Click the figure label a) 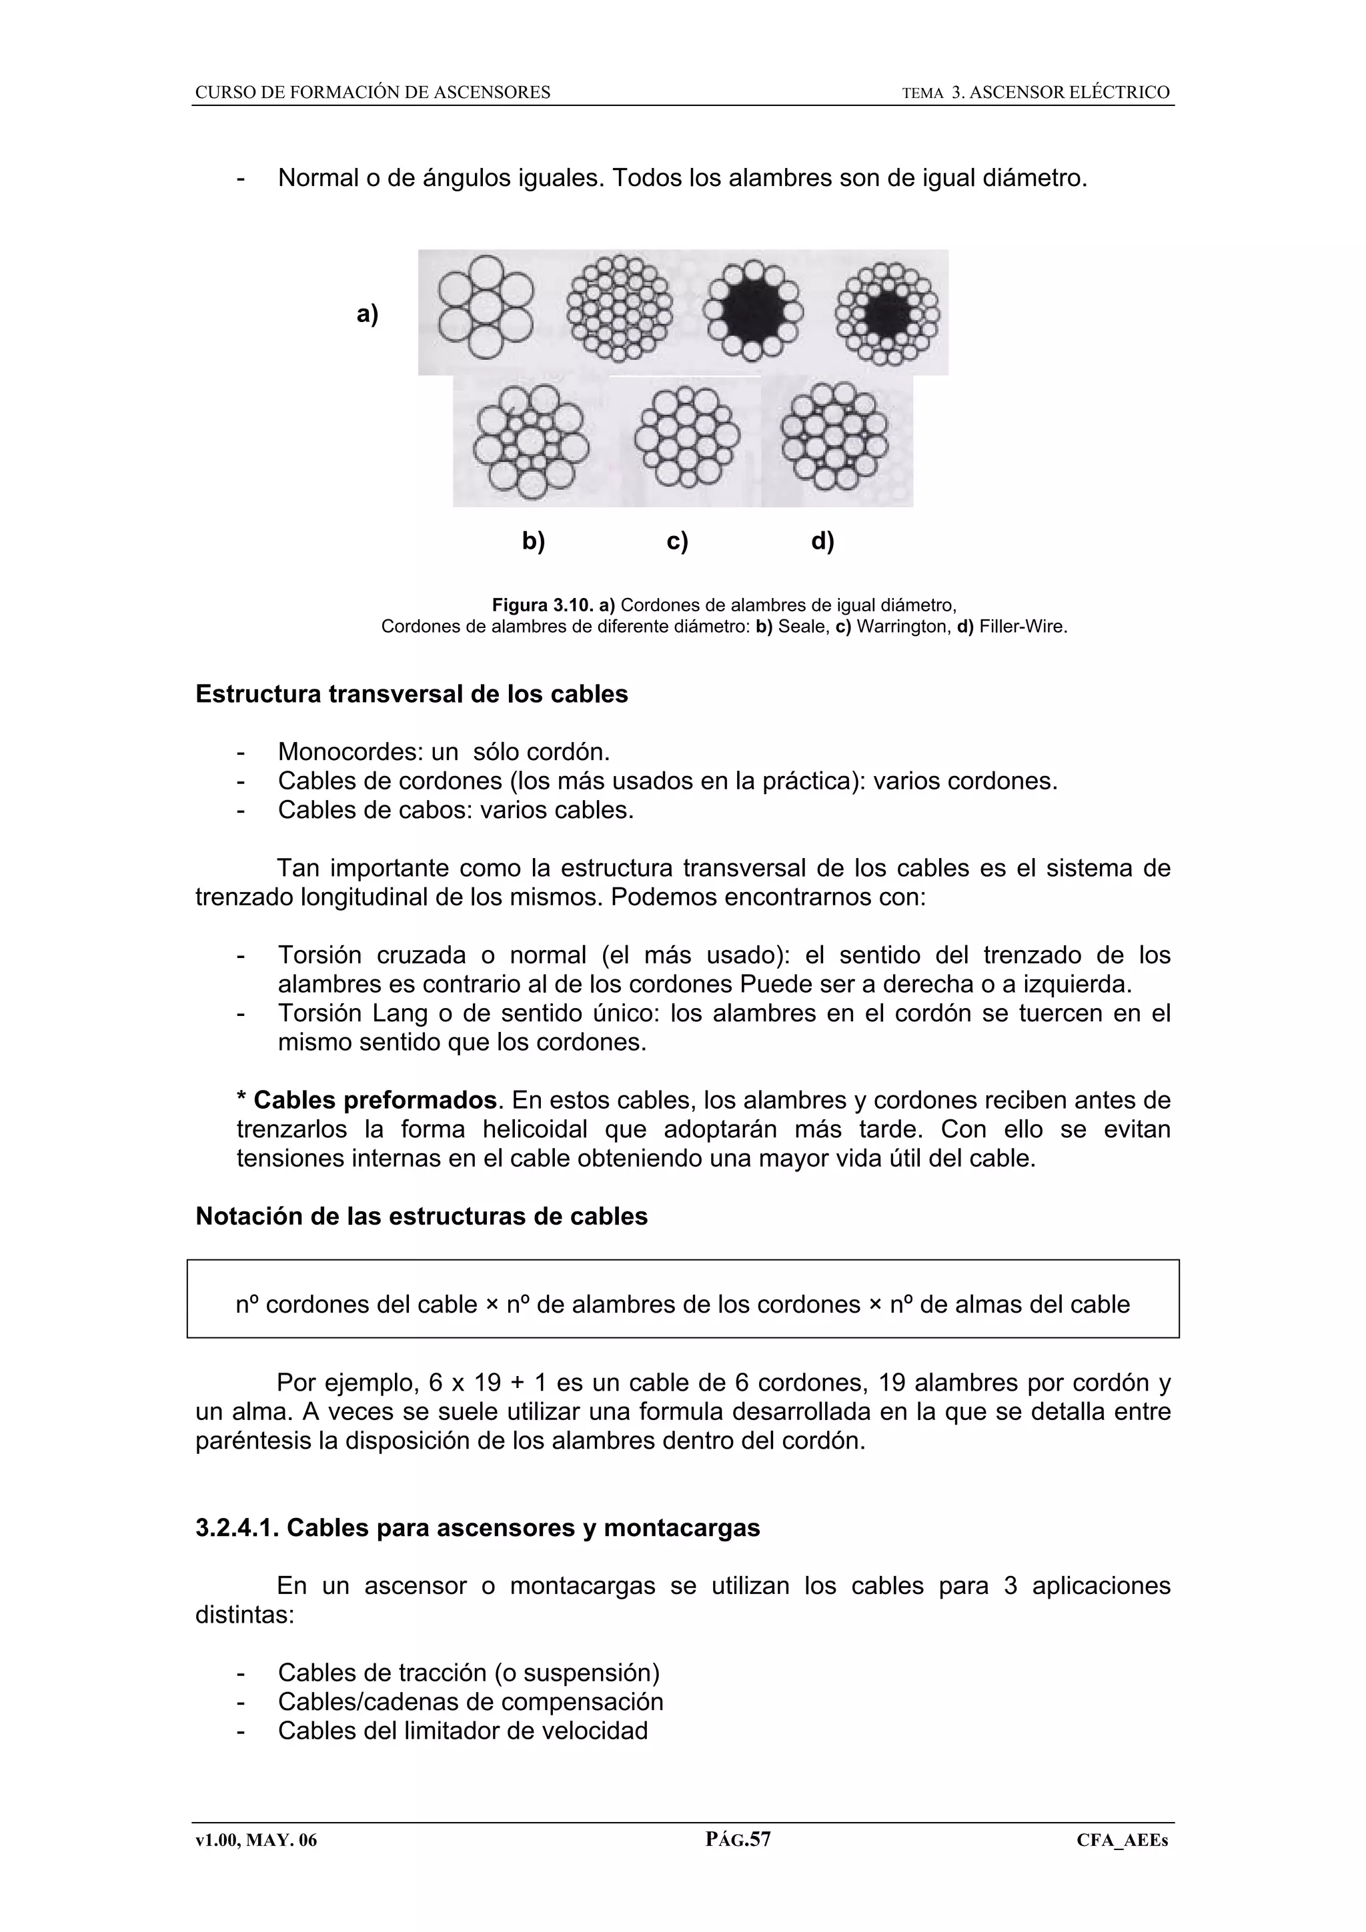click(x=367, y=314)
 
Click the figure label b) click(x=534, y=541)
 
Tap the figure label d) click(x=822, y=541)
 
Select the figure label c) click(x=677, y=541)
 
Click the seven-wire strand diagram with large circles click(x=485, y=307)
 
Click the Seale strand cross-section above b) click(x=530, y=441)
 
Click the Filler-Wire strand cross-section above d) click(x=833, y=436)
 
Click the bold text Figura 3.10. click(x=543, y=605)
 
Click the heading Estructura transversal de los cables click(x=412, y=694)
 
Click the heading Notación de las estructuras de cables click(x=421, y=1216)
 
